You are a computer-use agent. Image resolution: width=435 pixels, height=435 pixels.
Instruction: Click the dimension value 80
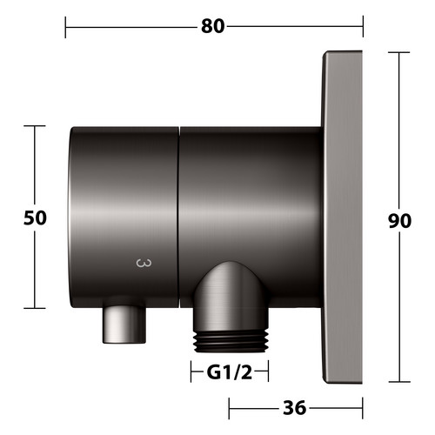coord(213,26)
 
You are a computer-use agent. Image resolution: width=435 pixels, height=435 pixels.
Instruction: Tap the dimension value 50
coord(35,217)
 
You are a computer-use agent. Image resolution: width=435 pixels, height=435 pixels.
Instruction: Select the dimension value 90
coord(399,221)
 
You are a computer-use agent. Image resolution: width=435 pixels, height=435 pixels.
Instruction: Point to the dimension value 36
coord(294,408)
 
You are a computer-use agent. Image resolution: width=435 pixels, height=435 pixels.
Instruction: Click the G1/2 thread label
coord(230,372)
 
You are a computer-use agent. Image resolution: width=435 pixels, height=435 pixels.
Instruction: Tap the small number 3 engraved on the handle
coord(144,264)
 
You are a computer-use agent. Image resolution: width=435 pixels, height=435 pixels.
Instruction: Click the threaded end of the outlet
coord(231,341)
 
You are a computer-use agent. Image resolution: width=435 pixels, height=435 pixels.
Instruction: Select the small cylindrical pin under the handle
coord(124,325)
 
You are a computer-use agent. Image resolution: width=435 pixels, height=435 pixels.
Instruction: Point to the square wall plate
coord(343,217)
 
